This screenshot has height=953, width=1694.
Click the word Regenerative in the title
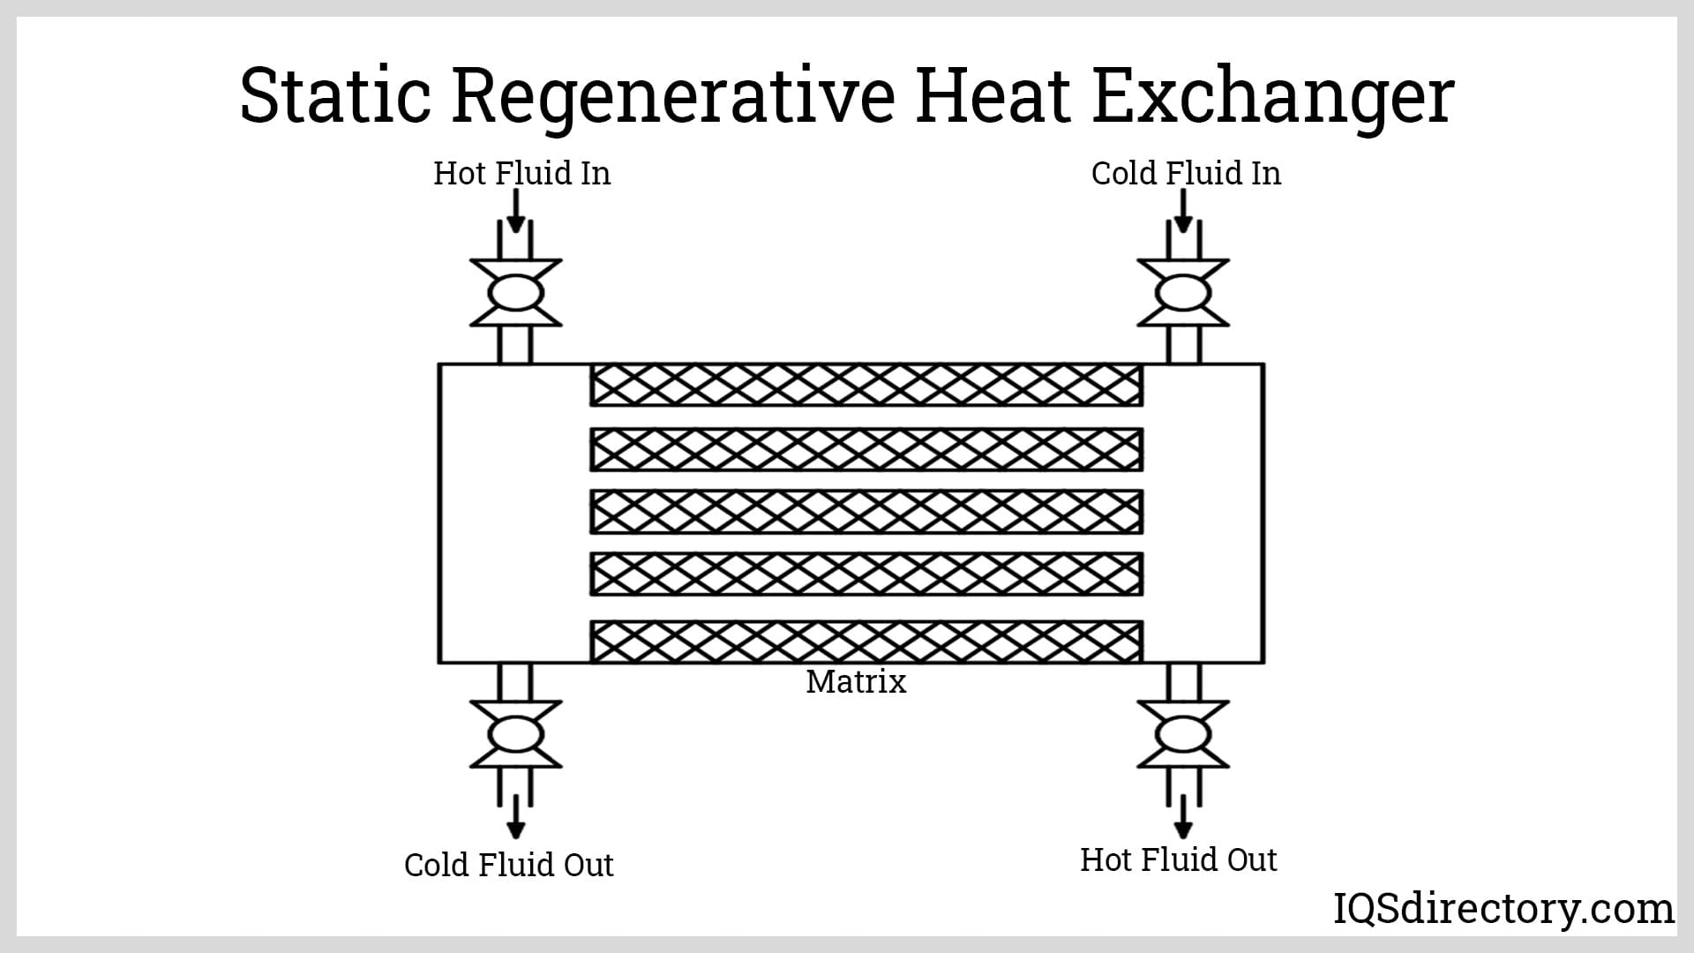[x=673, y=97]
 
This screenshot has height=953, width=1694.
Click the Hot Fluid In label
[x=521, y=173]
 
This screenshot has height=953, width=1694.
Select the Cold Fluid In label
[x=1186, y=173]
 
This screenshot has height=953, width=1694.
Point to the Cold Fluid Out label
[x=508, y=865]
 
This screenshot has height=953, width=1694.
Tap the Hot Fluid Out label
[x=1178, y=859]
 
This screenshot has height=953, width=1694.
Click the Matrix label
[x=856, y=682]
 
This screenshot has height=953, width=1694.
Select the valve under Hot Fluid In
[x=515, y=293]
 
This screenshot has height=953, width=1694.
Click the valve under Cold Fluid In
[x=1183, y=293]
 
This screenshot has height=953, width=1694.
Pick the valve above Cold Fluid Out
[x=515, y=734]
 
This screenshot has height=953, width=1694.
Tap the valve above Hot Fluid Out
[x=1183, y=734]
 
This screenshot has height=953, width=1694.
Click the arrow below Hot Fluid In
[x=516, y=212]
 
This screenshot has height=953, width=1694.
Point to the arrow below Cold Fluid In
[x=1184, y=212]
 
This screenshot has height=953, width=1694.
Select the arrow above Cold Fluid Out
[x=516, y=816]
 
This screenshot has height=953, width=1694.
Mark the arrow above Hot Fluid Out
[x=1184, y=816]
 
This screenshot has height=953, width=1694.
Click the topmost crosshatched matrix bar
[x=866, y=385]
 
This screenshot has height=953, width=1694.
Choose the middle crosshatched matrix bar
[x=866, y=512]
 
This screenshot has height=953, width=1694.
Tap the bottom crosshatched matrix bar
[x=866, y=642]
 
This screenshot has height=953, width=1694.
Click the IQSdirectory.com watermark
[x=1503, y=909]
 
